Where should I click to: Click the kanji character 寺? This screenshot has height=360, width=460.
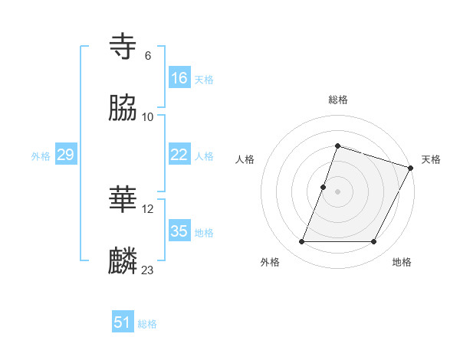pyautogui.click(x=124, y=47)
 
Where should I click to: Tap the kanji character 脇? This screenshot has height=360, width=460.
pyautogui.click(x=124, y=109)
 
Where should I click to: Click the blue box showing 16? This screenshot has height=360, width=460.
pyautogui.click(x=179, y=77)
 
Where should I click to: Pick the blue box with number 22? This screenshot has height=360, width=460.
pyautogui.click(x=179, y=155)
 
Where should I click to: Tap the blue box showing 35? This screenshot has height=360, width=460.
pyautogui.click(x=179, y=231)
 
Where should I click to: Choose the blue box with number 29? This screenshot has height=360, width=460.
pyautogui.click(x=65, y=155)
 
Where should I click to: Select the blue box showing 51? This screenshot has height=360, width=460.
pyautogui.click(x=123, y=322)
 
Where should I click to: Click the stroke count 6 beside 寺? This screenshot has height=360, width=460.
pyautogui.click(x=147, y=56)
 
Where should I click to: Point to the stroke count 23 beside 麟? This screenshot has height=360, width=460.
pyautogui.click(x=148, y=270)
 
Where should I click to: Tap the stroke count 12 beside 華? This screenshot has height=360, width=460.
pyautogui.click(x=148, y=208)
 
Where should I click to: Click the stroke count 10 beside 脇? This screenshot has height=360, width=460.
pyautogui.click(x=148, y=117)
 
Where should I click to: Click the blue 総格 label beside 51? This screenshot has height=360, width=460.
pyautogui.click(x=147, y=324)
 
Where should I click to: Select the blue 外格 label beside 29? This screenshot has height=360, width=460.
pyautogui.click(x=41, y=156)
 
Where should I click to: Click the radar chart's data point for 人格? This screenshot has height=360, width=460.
pyautogui.click(x=324, y=187)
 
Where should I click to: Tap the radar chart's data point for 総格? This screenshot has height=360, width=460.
pyautogui.click(x=337, y=146)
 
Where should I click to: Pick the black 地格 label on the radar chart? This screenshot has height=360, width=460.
pyautogui.click(x=402, y=262)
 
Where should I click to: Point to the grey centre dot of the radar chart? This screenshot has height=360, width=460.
pyautogui.click(x=337, y=191)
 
